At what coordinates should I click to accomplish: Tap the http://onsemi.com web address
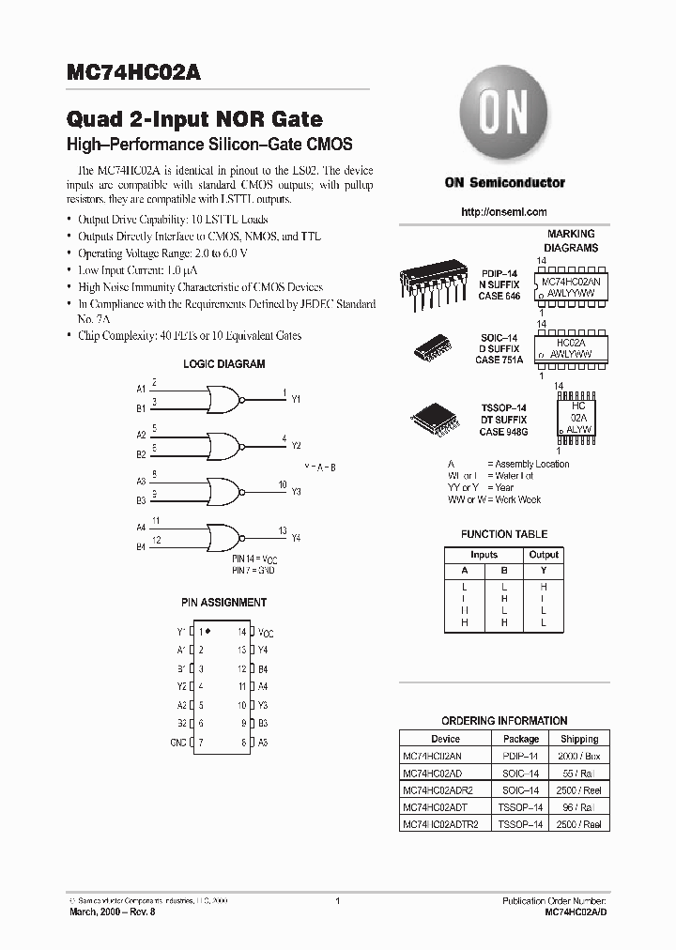click(504, 212)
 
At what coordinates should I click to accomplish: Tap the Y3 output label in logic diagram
click(296, 491)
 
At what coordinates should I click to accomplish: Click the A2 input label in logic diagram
click(141, 435)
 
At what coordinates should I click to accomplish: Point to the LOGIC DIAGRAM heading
click(223, 364)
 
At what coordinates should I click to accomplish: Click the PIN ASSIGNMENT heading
click(223, 603)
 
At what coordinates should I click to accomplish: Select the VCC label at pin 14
click(267, 633)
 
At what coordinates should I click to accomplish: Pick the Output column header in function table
click(543, 555)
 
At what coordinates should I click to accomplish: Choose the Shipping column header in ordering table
click(579, 739)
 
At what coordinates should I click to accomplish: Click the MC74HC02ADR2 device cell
click(433, 789)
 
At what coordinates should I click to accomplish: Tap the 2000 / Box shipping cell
click(579, 756)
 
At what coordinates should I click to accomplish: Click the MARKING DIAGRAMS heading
click(571, 241)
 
